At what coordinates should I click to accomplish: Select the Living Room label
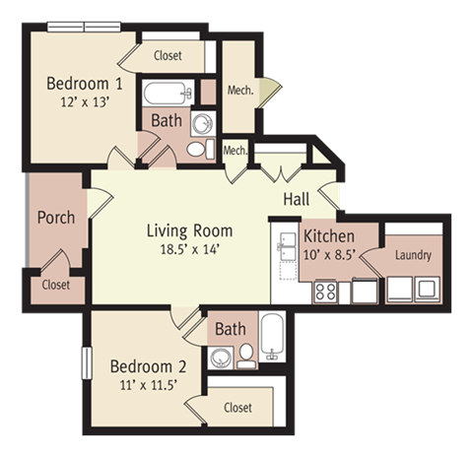click(189, 230)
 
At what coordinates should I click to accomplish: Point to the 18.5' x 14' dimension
click(189, 249)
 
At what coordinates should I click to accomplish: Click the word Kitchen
click(328, 236)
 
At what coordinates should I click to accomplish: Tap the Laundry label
click(413, 255)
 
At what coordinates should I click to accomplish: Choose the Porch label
click(55, 217)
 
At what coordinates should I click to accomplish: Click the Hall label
click(297, 199)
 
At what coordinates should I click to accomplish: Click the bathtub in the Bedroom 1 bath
click(169, 95)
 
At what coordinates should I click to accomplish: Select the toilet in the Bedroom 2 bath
click(246, 356)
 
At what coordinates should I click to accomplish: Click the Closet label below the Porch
click(56, 285)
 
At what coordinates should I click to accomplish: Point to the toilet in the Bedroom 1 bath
click(196, 149)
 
